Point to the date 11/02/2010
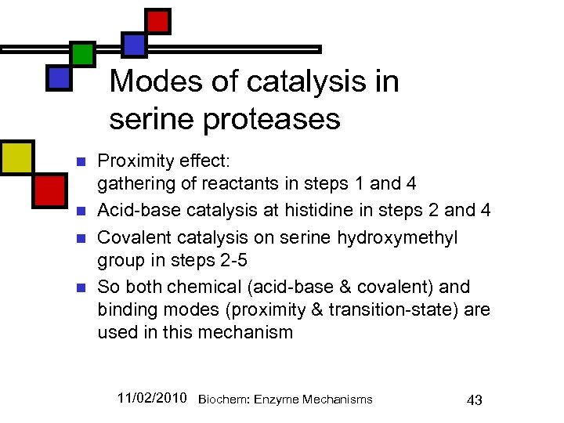151,399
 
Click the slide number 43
474,400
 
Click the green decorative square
82,53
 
